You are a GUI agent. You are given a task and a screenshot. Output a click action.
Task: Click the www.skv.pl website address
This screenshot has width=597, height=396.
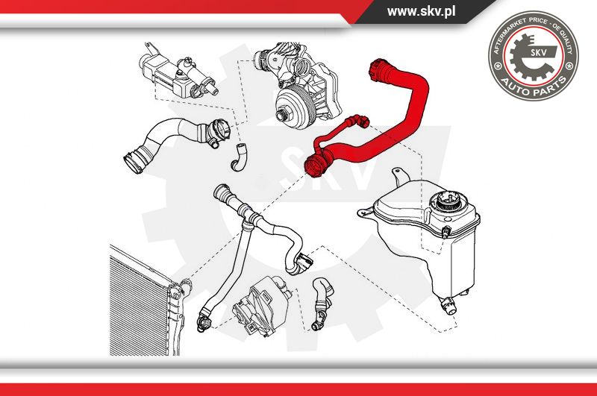(x=421, y=11)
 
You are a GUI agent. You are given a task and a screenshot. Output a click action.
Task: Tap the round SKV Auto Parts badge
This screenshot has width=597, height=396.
(x=533, y=55)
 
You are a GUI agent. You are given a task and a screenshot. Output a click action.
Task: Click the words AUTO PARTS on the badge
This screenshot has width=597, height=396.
(x=533, y=87)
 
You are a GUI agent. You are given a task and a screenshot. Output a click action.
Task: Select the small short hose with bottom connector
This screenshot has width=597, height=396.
(x=321, y=304)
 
